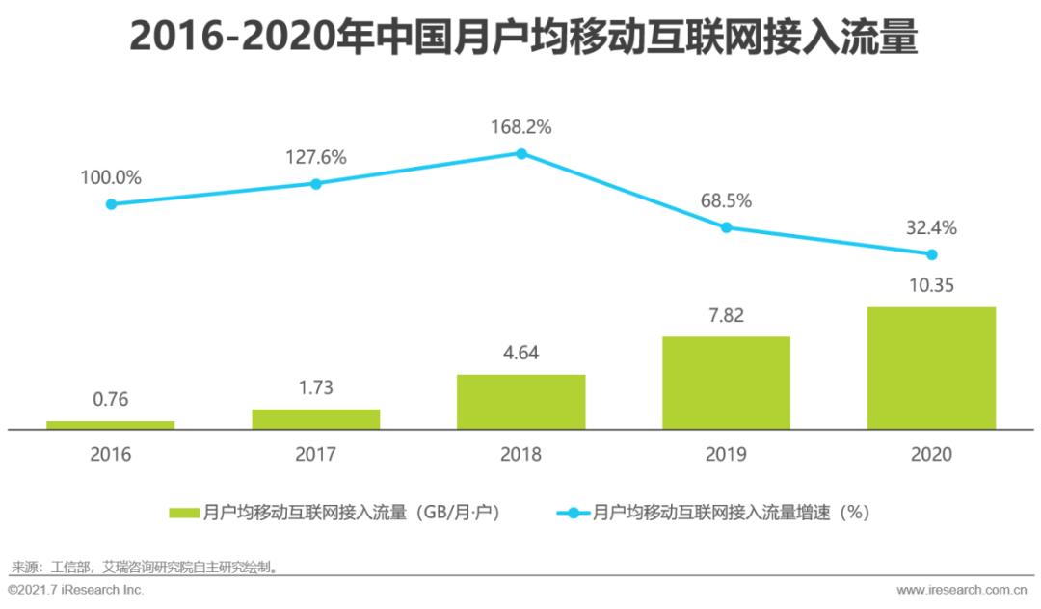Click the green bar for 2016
point(111,425)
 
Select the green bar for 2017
point(316,419)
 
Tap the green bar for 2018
point(521,402)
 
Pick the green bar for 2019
point(727,383)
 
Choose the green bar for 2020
point(931,368)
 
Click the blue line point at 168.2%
point(521,153)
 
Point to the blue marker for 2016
point(111,204)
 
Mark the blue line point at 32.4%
point(931,254)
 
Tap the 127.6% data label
point(316,157)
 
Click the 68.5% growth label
point(727,201)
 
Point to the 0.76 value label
point(111,400)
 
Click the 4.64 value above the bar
point(521,353)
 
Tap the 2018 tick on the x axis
point(521,454)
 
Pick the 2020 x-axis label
point(931,454)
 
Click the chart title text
point(521,39)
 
